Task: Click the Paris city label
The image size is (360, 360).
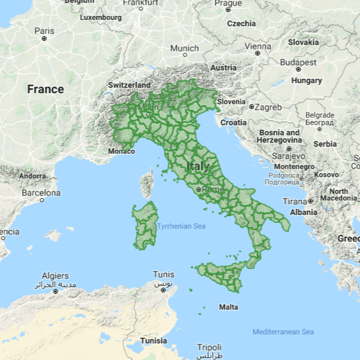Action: coord(44,31)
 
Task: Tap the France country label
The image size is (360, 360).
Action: coord(46,89)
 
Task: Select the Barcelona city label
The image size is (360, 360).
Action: coord(41,192)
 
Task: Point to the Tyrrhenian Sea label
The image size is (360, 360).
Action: coord(181,226)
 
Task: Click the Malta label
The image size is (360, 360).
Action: coord(228,307)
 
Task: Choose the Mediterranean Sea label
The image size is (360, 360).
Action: coord(283,333)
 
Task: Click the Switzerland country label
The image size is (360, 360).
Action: coord(129,86)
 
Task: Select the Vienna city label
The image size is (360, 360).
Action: coord(258,47)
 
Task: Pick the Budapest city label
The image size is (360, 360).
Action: coord(298,62)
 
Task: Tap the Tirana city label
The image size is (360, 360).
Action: coord(294,201)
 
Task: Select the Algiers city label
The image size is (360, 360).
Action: coord(56,276)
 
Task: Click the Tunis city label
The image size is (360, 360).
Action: coord(163,274)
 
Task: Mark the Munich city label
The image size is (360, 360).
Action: coord(184,48)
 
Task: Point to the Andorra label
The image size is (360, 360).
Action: coord(32,176)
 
